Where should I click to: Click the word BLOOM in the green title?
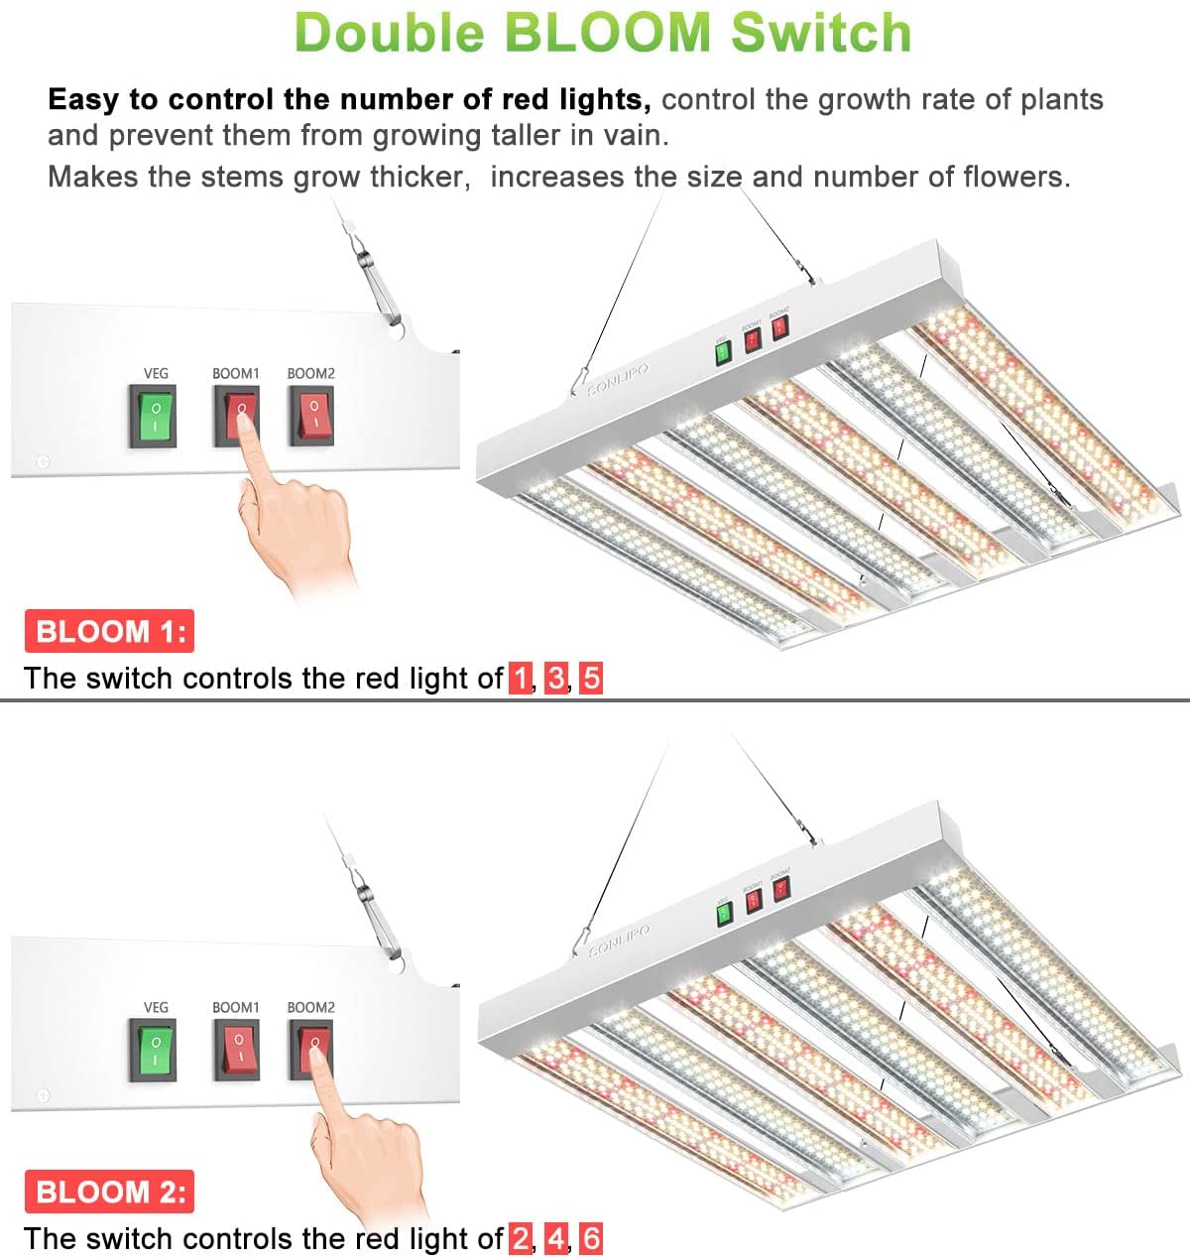[608, 32]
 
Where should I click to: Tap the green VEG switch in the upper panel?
[154, 417]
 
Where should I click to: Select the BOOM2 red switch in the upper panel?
[311, 417]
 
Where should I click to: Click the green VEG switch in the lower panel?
[154, 1050]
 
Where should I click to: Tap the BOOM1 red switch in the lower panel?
[237, 1050]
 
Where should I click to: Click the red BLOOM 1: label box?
[109, 631]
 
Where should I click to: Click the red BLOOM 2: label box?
[109, 1192]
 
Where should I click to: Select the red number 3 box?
[556, 679]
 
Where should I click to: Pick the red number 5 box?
[591, 679]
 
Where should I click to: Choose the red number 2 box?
[521, 1239]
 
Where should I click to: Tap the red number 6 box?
[591, 1239]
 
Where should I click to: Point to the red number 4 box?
[556, 1239]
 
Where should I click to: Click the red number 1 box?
[521, 679]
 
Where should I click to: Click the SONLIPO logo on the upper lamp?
[618, 379]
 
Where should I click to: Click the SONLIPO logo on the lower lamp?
[619, 940]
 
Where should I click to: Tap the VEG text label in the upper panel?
[156, 374]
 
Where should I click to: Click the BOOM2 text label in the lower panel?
[310, 1007]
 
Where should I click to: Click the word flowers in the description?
[1015, 178]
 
